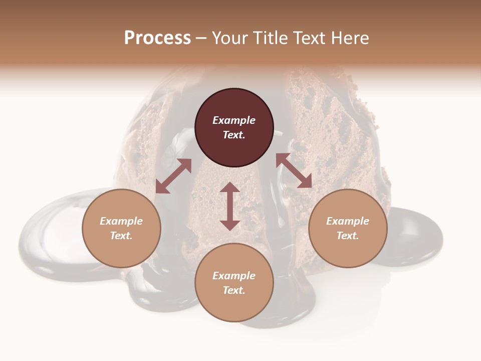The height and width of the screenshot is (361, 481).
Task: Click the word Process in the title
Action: tap(157, 38)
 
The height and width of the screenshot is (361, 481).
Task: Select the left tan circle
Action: tap(121, 251)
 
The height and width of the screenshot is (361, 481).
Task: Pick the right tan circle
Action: tap(348, 251)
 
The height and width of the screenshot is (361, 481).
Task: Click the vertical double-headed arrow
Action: tap(230, 206)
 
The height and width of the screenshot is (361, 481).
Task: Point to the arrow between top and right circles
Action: tap(294, 170)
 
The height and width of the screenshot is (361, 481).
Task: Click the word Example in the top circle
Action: tap(234, 120)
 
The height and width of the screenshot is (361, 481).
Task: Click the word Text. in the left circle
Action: tap(121, 236)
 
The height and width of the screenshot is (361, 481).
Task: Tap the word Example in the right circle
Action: tap(348, 221)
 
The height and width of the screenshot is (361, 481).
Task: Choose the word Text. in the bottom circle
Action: tap(234, 290)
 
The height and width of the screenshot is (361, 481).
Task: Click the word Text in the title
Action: tap(310, 38)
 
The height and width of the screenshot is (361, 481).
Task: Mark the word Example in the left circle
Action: tap(121, 221)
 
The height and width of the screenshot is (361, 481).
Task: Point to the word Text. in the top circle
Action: tap(234, 135)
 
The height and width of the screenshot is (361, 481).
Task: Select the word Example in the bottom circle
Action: tap(234, 276)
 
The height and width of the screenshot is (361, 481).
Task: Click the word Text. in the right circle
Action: tap(348, 236)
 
